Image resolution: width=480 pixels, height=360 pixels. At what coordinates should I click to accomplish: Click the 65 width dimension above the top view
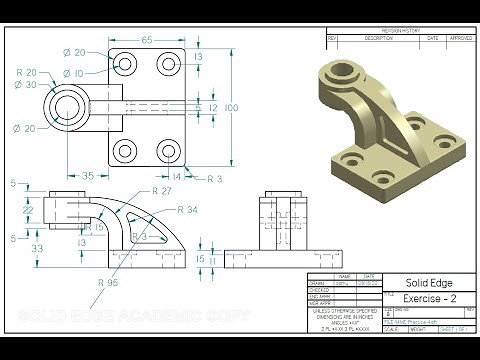146,40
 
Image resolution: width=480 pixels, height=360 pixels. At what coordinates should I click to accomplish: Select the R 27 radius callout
162,191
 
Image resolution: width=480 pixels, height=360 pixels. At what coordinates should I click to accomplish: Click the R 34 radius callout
186,210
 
